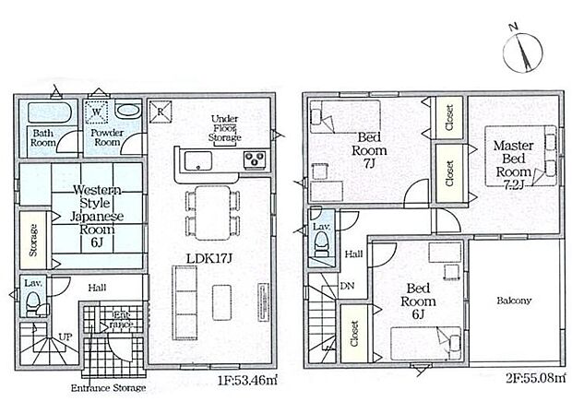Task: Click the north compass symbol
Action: (x=523, y=49)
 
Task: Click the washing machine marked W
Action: (x=96, y=113)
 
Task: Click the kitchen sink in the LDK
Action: (x=197, y=161)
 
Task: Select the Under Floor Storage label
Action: (x=225, y=129)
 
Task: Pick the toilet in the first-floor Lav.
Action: (x=33, y=301)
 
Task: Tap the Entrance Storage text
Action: (x=107, y=388)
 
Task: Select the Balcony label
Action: (x=513, y=301)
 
